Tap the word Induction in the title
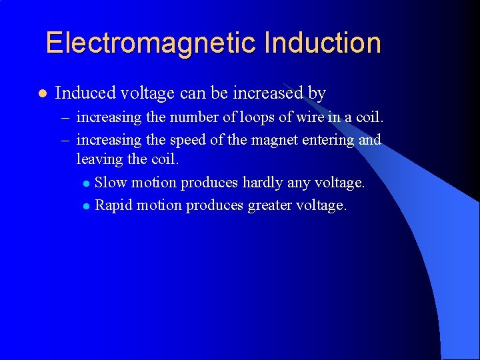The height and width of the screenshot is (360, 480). tap(323, 43)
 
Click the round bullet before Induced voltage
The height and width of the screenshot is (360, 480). tap(42, 93)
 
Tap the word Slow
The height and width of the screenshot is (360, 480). tap(111, 183)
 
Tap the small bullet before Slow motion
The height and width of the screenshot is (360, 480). tap(86, 183)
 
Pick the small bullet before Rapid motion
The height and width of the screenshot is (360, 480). tap(86, 206)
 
